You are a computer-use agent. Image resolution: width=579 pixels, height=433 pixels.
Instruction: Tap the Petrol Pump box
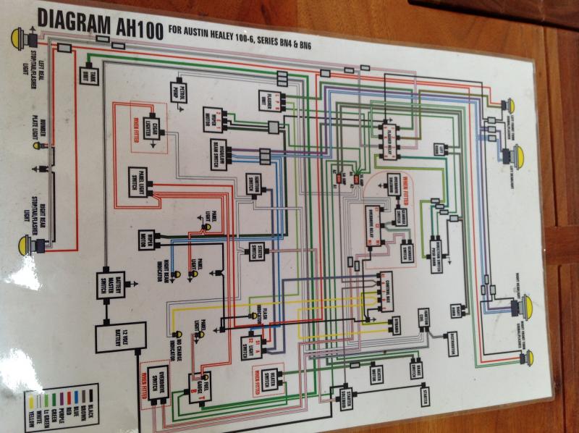181,90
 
